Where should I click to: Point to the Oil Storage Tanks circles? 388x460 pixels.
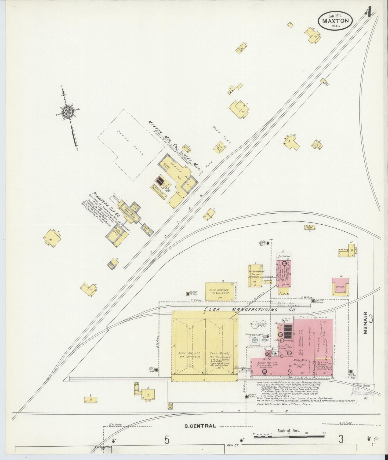(x=259, y=325)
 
